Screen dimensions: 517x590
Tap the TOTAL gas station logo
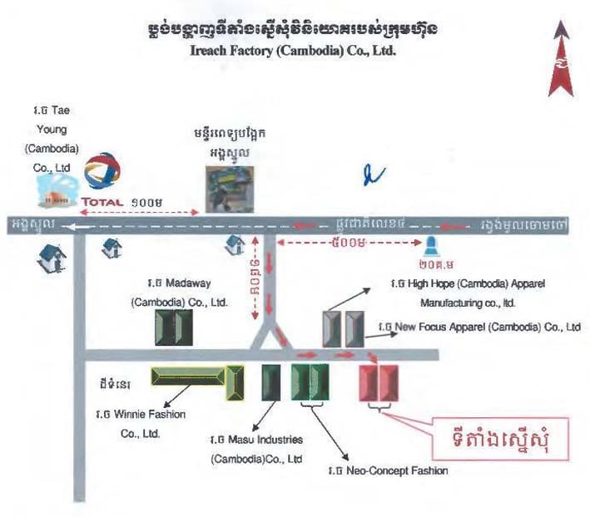pos(102,178)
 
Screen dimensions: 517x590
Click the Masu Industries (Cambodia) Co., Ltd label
pos(255,449)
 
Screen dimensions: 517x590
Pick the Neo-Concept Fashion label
pos(388,470)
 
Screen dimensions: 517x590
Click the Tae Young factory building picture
pos(55,192)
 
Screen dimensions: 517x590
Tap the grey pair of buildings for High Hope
pos(344,328)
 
